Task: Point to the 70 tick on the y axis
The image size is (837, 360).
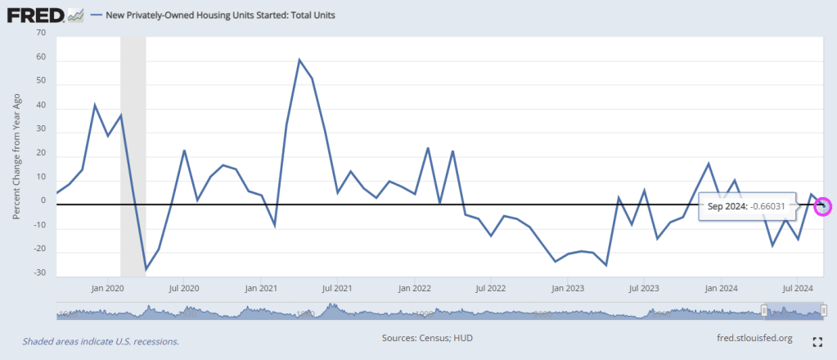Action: point(40,33)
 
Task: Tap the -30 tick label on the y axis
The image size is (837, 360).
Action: point(38,272)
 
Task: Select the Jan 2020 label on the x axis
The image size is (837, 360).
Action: point(107,288)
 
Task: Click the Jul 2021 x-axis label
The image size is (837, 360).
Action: point(337,288)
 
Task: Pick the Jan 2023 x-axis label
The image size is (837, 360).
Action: point(568,288)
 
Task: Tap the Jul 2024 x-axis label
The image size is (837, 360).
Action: point(799,288)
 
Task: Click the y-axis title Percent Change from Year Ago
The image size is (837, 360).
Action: point(16,155)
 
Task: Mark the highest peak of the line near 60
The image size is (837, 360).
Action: point(299,60)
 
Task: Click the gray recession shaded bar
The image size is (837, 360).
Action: point(133,155)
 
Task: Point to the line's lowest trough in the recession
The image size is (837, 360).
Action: point(146,269)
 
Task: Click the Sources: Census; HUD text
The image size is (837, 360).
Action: point(428,337)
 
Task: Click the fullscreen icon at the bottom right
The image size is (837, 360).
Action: point(817,342)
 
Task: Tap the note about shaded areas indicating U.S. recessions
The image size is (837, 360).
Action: point(101,341)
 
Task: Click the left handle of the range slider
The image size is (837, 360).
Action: point(764,310)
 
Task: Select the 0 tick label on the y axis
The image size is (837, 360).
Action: point(42,200)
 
